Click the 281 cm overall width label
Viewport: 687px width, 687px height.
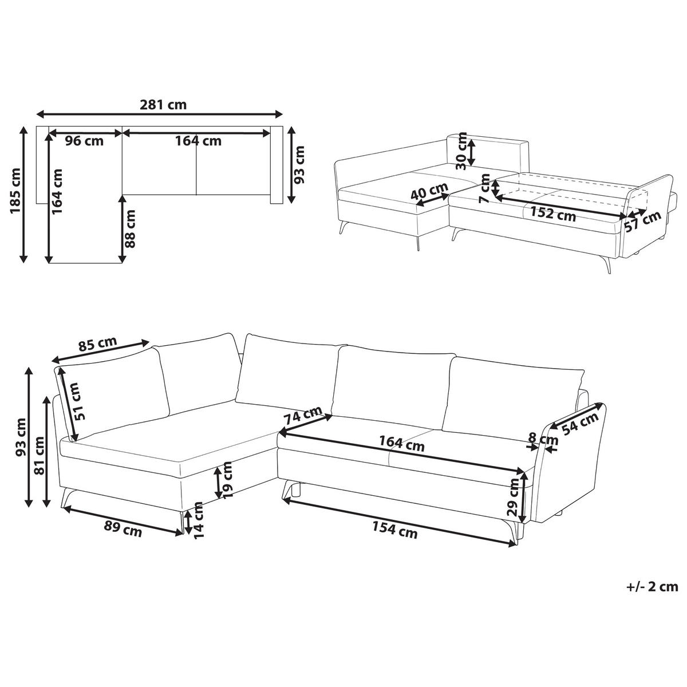[163, 105]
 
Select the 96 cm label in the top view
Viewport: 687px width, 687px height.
[85, 141]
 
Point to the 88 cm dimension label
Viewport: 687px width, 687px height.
[131, 229]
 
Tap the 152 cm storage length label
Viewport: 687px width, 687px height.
[552, 214]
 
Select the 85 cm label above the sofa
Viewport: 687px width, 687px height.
[98, 344]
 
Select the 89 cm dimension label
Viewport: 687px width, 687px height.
[123, 529]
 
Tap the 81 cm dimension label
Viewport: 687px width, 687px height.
[39, 455]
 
